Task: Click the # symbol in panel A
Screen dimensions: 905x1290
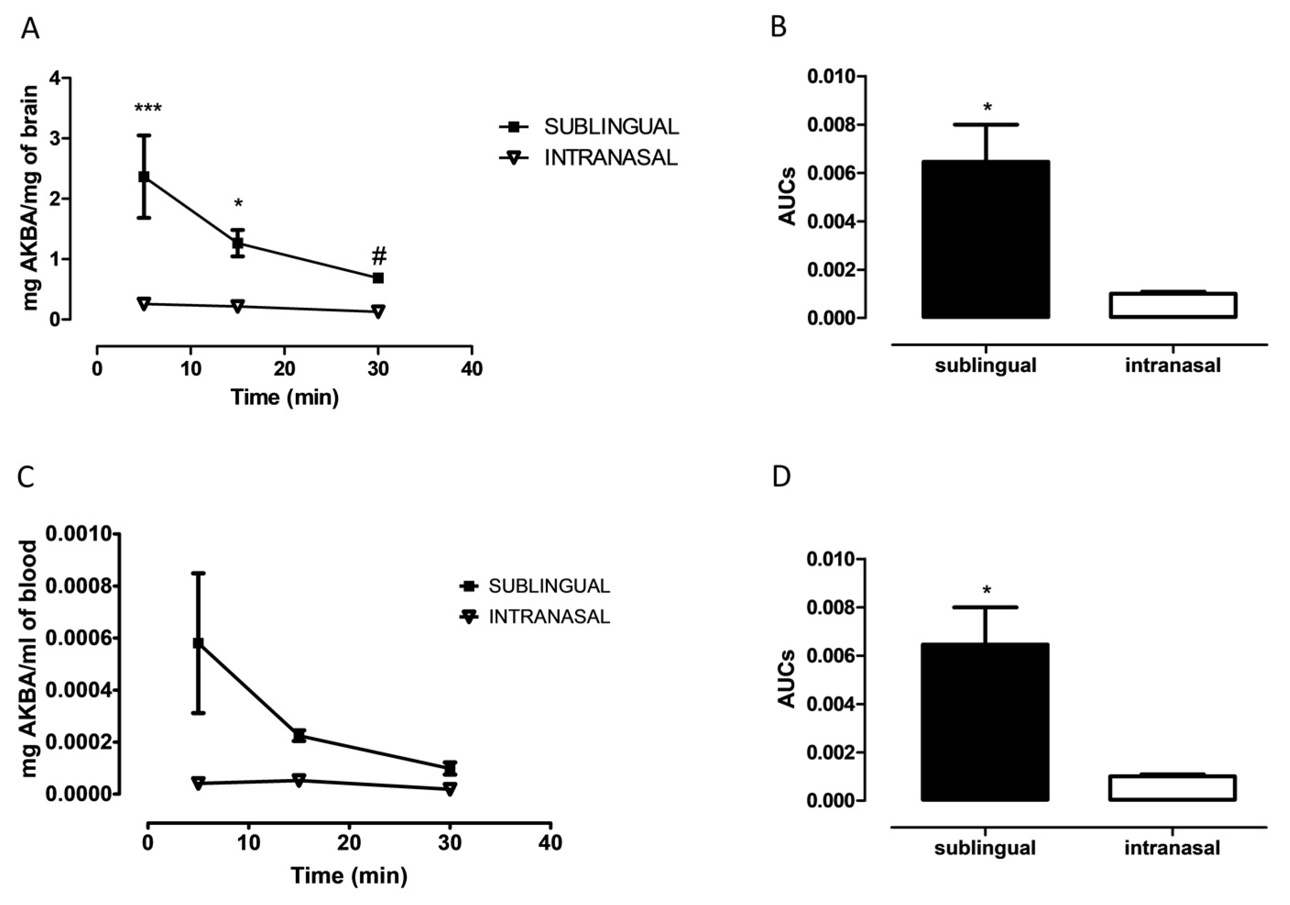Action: click(379, 257)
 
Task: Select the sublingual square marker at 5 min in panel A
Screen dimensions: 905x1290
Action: click(144, 177)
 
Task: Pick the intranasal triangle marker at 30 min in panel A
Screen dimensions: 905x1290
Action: click(378, 311)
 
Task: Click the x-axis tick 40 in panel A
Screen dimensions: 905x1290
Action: click(471, 369)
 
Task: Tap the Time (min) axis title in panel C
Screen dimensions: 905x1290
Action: click(349, 875)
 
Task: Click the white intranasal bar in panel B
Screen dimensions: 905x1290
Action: click(1173, 305)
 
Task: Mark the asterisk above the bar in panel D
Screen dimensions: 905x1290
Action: click(986, 591)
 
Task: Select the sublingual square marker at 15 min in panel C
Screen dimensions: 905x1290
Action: click(299, 736)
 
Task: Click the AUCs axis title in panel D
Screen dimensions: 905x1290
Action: click(787, 679)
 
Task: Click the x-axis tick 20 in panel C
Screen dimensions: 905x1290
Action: click(349, 843)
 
